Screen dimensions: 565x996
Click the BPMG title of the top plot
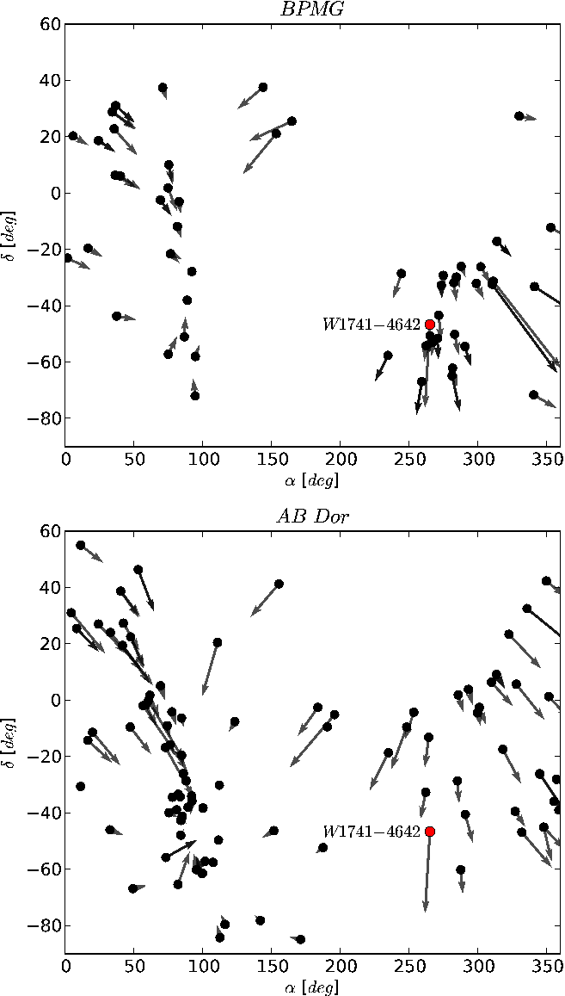pos(314,9)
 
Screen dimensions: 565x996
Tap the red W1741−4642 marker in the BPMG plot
pos(430,325)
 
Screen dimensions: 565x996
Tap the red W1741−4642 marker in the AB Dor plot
pos(430,832)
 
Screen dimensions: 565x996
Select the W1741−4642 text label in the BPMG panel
pos(372,325)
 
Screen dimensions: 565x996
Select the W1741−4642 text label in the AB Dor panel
pos(372,832)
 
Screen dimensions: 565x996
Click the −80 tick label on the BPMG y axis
pos(45,418)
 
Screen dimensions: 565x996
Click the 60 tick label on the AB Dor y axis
pos(51,531)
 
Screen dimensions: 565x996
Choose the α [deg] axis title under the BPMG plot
pos(314,481)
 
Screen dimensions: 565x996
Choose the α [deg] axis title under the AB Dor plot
pos(314,987)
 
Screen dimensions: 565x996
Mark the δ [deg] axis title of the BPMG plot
pos(10,235)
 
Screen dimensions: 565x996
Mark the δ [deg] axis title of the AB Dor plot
pos(10,742)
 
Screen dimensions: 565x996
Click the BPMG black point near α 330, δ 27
pos(519,115)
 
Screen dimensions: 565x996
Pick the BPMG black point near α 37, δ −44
pos(116,316)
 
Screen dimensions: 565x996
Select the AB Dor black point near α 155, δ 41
pos(279,584)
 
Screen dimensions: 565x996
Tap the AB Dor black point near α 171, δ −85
pos(301,939)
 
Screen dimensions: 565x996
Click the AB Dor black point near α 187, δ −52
pos(322,847)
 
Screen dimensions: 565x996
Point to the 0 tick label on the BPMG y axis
pos(55,193)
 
